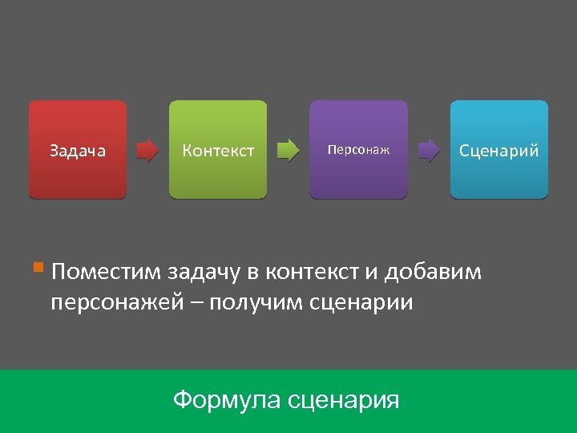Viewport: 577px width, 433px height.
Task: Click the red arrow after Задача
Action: click(147, 150)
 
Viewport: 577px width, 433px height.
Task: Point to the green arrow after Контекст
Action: click(288, 150)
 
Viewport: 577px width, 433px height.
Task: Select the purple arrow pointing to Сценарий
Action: click(429, 150)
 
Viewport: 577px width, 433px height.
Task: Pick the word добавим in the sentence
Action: click(434, 273)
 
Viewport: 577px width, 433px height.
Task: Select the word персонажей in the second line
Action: click(117, 304)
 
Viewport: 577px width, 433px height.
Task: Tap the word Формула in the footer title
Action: click(225, 399)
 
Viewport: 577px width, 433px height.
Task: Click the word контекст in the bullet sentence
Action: click(312, 273)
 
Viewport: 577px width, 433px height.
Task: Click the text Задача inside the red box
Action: click(78, 150)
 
